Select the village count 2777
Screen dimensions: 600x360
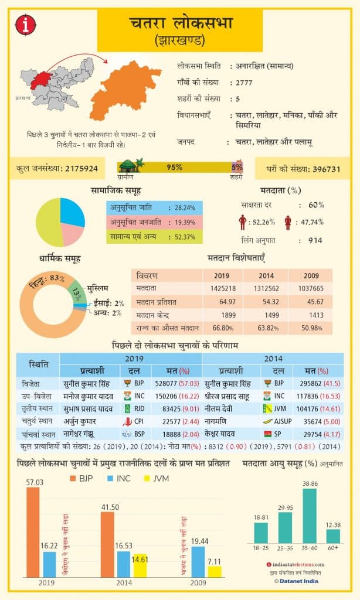(244, 83)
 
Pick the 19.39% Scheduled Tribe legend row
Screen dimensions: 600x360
(154, 222)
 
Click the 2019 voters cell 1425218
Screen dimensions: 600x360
(223, 289)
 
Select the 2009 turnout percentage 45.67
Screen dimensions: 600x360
(311, 301)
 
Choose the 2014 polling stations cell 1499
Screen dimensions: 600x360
(267, 314)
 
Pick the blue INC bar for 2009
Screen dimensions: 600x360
(198, 561)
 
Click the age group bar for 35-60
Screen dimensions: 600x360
(310, 516)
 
